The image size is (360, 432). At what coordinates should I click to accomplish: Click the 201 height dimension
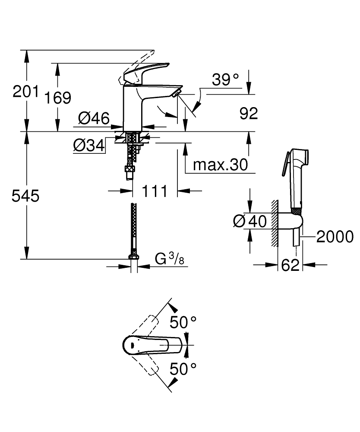tap(25, 92)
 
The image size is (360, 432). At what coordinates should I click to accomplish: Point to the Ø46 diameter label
tap(93, 118)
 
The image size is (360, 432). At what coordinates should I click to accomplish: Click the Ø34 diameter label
tap(89, 146)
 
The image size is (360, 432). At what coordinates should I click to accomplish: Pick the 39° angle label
tap(225, 79)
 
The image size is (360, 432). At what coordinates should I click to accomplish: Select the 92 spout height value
tap(248, 113)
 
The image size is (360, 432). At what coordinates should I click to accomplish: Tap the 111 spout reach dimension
tap(154, 191)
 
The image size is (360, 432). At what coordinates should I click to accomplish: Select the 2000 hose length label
tap(335, 237)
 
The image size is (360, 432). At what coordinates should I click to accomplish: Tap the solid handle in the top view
tap(149, 345)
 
